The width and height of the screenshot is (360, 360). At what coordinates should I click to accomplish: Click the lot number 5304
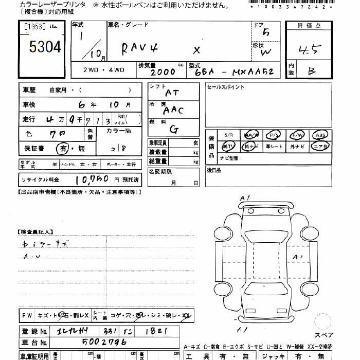pos(45,48)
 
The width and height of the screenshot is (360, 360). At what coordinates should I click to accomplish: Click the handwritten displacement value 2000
pos(162,73)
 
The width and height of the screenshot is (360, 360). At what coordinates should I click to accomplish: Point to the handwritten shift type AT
pos(172,93)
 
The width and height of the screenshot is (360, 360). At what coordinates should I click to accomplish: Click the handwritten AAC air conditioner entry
pos(173,110)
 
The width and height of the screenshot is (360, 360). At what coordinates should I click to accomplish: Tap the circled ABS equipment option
pos(321,135)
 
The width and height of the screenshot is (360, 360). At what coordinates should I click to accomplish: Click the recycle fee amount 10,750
pos(91,179)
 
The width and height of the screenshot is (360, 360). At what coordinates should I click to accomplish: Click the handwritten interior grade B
pos(312,71)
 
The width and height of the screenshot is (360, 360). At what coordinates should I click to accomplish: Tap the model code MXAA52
pos(252,73)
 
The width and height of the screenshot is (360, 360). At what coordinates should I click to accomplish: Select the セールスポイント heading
pos(226,87)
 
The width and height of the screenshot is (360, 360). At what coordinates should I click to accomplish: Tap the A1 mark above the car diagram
pos(245,198)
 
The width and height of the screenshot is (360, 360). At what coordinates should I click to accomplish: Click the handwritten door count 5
pos(265,32)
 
